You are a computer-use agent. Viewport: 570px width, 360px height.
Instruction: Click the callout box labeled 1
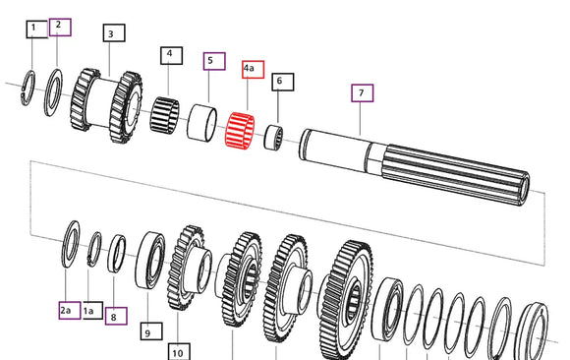(36, 30)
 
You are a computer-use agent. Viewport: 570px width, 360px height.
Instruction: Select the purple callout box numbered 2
(60, 27)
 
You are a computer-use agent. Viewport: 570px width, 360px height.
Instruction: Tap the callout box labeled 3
(114, 33)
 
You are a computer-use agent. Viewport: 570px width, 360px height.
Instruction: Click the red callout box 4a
(253, 69)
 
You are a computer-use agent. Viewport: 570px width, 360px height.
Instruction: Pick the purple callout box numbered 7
(362, 92)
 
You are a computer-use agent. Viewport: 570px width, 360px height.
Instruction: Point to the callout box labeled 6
(283, 82)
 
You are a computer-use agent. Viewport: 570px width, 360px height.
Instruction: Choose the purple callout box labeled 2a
(70, 310)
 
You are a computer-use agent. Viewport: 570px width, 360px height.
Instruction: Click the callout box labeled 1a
(92, 310)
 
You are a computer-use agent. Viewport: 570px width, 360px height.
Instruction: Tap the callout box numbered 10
(179, 351)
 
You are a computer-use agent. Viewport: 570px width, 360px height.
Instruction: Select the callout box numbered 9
(151, 331)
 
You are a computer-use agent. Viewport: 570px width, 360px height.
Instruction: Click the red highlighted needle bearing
(240, 130)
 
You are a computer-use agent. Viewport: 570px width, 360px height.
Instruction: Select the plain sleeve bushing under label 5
(201, 123)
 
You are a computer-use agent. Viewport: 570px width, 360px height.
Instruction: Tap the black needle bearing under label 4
(165, 114)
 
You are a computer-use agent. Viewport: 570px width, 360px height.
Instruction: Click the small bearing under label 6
(273, 138)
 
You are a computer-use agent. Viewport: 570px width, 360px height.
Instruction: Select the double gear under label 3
(106, 105)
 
